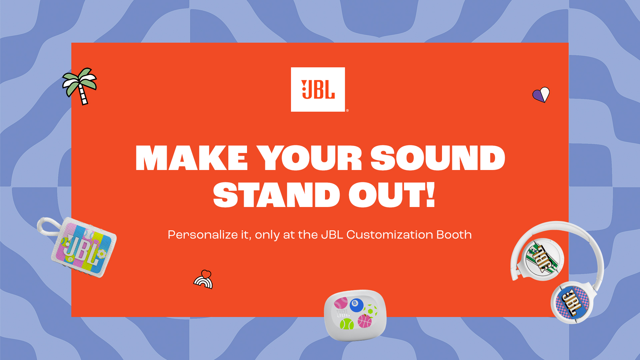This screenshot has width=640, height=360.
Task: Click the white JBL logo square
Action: [318, 89]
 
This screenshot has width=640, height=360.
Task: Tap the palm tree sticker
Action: [80, 85]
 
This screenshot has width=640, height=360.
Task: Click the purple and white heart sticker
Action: [541, 95]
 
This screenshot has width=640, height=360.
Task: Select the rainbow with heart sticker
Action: [204, 280]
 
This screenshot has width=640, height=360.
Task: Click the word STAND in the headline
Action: [276, 195]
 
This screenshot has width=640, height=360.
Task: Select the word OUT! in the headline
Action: [392, 195]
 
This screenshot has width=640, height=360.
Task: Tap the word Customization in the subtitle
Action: [390, 235]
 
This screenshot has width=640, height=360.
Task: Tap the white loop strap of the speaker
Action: [47, 227]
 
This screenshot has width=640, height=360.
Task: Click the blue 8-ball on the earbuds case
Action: [356, 305]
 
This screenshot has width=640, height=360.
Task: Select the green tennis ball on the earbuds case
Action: [347, 324]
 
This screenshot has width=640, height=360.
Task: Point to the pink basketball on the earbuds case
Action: [364, 321]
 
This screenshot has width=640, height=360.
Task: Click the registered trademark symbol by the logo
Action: [347, 110]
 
